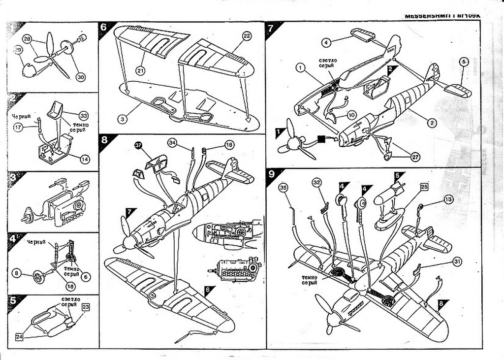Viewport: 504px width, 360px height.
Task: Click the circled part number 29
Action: (x=18, y=50)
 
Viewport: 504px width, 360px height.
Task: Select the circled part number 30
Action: (x=81, y=77)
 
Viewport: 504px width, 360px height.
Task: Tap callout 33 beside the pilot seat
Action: (x=83, y=116)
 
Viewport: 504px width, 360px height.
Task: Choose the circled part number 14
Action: (x=85, y=159)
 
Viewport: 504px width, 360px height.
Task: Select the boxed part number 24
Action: (x=19, y=337)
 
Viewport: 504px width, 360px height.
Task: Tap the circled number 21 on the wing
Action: (x=141, y=71)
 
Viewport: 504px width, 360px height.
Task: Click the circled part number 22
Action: (x=247, y=35)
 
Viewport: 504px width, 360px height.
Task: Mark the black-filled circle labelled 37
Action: (x=138, y=145)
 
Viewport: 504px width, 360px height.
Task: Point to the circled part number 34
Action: (x=172, y=143)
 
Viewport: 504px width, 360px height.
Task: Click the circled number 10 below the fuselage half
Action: (x=351, y=115)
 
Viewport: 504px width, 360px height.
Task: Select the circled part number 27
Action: (x=415, y=156)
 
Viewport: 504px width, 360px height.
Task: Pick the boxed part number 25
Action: (x=424, y=187)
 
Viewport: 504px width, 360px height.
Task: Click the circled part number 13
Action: (x=448, y=199)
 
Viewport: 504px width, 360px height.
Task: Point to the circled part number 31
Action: (x=457, y=262)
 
